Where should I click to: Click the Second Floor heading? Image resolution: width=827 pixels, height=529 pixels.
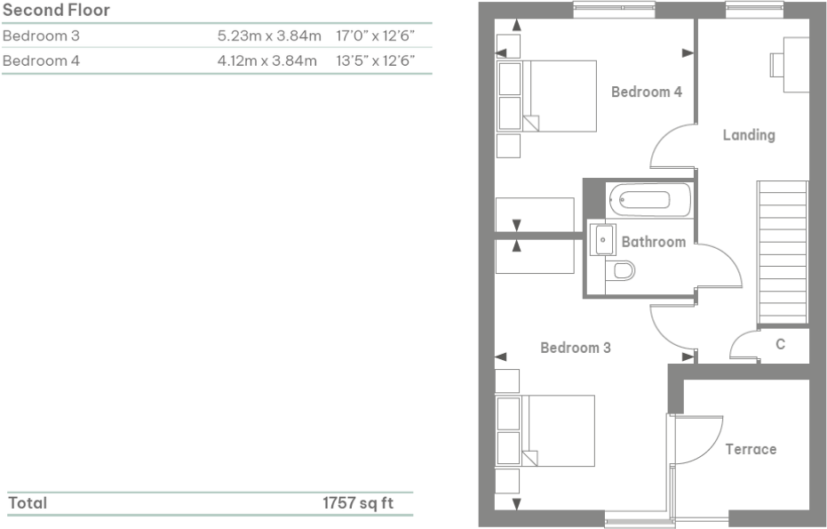click(x=56, y=11)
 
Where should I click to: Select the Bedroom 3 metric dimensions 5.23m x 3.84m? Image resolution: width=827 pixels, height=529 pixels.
click(x=268, y=36)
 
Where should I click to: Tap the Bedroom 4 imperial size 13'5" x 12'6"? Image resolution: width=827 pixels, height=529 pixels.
click(x=376, y=61)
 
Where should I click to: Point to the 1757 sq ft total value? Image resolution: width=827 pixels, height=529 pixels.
click(x=357, y=503)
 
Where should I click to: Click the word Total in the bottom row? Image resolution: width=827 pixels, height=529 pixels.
click(x=28, y=503)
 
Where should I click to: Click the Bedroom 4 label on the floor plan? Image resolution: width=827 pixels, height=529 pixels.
click(x=646, y=92)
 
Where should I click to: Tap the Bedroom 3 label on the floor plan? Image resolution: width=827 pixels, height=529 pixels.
click(x=575, y=348)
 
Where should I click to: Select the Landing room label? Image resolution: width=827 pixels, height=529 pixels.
click(x=748, y=135)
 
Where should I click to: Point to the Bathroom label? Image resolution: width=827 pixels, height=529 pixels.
click(x=653, y=242)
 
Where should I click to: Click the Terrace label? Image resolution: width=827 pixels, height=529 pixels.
click(x=751, y=449)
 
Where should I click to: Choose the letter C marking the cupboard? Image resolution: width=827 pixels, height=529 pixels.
click(x=780, y=344)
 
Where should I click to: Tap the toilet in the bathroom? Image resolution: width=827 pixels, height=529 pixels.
click(x=624, y=270)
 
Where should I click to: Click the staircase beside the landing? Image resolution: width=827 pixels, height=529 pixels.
click(x=782, y=252)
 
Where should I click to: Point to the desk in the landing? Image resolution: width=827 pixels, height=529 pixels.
click(x=794, y=65)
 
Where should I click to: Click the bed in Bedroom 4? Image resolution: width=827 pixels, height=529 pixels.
click(x=558, y=96)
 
